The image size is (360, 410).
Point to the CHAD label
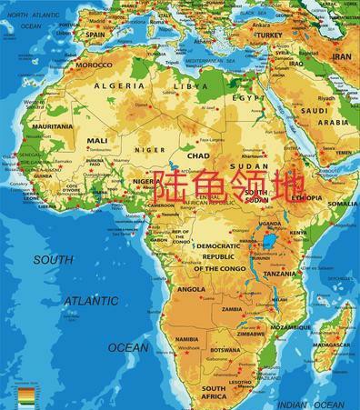point(197,155)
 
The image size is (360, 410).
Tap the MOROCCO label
point(94,65)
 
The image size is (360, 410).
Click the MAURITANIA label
point(52,126)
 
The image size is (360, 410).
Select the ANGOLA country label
point(191,289)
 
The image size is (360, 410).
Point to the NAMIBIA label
point(186,339)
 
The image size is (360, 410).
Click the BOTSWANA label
point(225,350)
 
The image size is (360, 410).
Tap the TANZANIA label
point(280,273)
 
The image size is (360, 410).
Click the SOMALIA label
point(343,204)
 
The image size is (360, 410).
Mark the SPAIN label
point(95,35)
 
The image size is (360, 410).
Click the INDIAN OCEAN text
point(310,404)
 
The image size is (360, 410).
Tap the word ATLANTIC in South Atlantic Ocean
point(90,300)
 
